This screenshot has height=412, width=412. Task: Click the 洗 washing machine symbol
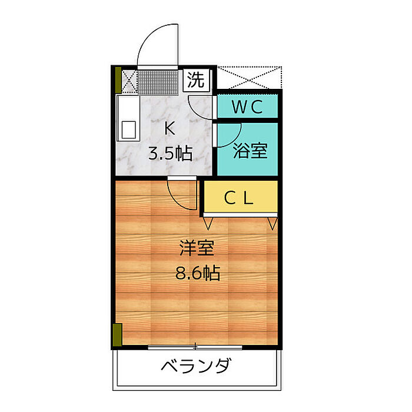[x=197, y=79]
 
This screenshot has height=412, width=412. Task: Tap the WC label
[x=247, y=107]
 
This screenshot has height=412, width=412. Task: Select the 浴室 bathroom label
[x=250, y=151]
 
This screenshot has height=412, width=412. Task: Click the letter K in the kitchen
[x=169, y=128]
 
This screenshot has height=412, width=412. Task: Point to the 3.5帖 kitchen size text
[x=170, y=154]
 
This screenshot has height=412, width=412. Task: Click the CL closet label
[x=239, y=198]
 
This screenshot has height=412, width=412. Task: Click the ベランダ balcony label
[x=195, y=367]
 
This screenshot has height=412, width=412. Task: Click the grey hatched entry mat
[x=158, y=83]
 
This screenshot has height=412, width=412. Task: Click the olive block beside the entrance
[x=118, y=81]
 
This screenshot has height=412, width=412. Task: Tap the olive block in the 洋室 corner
[x=117, y=334]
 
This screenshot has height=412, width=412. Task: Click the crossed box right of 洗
[x=247, y=78]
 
